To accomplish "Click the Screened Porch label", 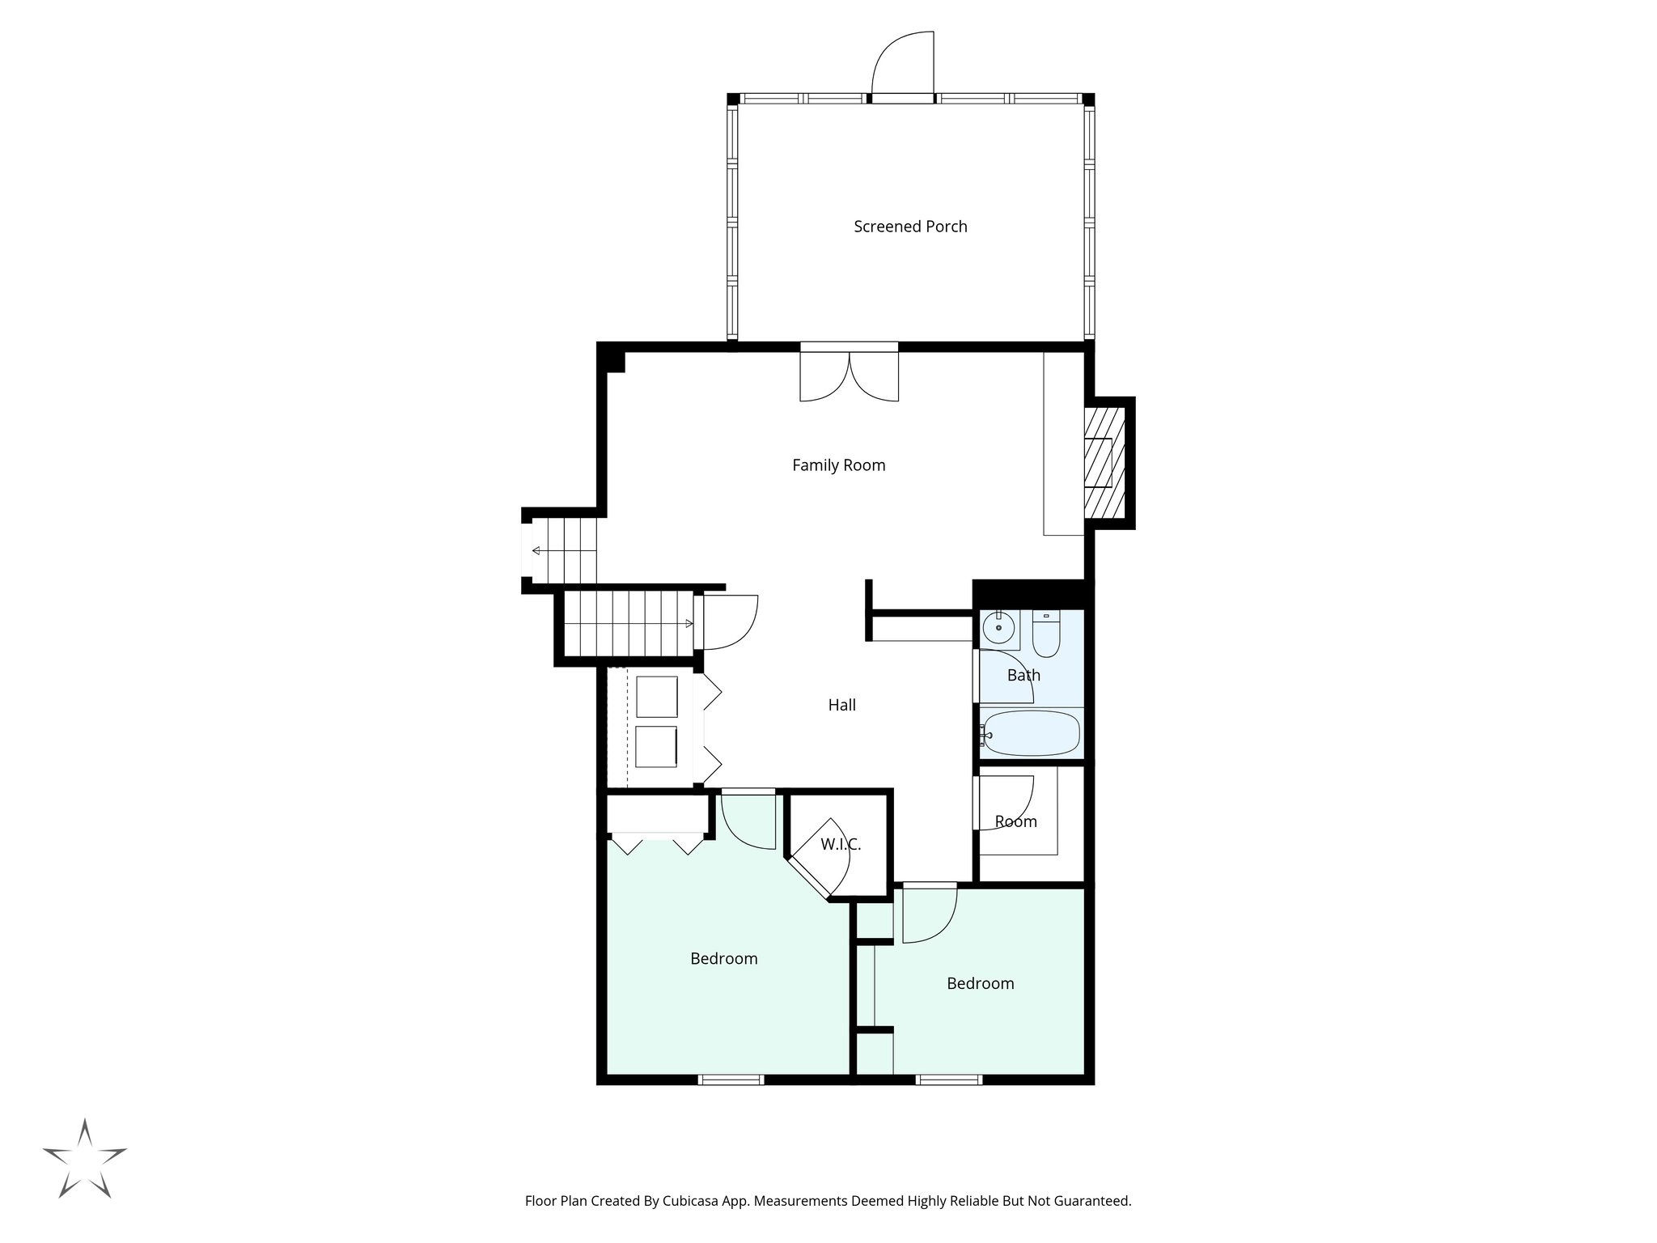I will (910, 227).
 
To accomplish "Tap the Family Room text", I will (838, 465).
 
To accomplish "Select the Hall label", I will (841, 705).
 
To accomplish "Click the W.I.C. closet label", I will (841, 845).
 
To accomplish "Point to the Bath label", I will (1023, 675).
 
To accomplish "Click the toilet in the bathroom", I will (1046, 635).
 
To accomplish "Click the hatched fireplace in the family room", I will (1104, 462).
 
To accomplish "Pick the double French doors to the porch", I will (849, 375).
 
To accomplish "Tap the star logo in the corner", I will (85, 1159).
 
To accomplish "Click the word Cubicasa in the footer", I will (693, 1201).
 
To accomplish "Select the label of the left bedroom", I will (723, 959).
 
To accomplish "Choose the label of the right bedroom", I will (980, 983).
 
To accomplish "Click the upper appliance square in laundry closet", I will (656, 697).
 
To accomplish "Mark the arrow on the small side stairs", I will (537, 551).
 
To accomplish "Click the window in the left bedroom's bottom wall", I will (731, 1079).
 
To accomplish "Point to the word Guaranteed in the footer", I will (1090, 1201).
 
